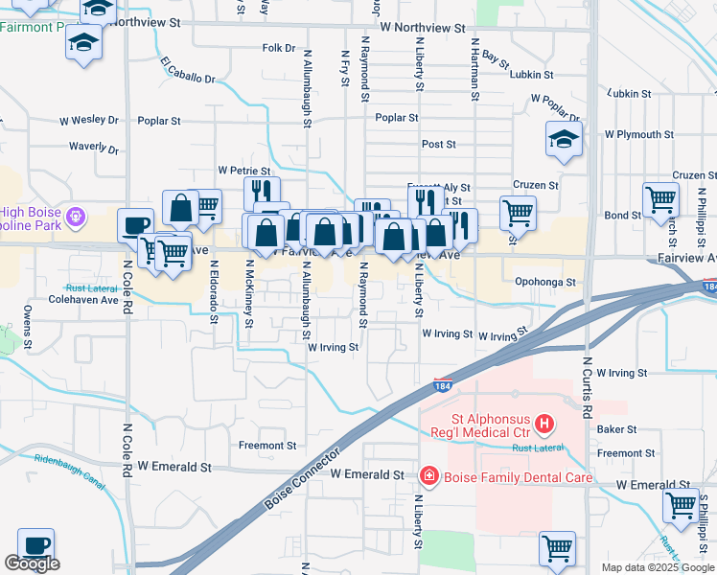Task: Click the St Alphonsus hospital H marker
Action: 544,423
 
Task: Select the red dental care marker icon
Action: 428,475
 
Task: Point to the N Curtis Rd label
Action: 586,383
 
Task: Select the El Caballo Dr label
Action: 189,71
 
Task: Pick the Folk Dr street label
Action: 278,47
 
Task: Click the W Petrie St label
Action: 244,169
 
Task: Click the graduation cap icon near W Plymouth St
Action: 564,140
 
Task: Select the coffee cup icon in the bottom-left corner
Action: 35,545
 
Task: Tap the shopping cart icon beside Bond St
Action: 660,200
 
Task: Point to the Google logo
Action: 32,563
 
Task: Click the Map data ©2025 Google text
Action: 657,567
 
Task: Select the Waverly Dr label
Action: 93,149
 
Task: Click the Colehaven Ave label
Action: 85,299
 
